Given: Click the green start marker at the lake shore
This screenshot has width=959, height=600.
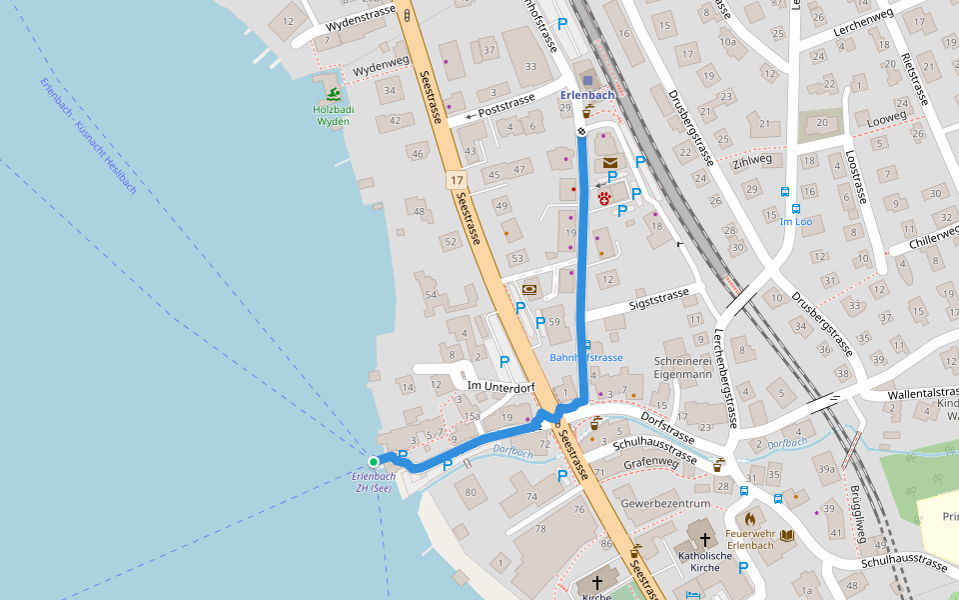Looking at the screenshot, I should (374, 461).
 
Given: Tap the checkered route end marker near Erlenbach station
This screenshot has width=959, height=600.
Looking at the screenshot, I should (581, 131).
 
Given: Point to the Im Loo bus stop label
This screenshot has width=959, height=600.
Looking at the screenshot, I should (796, 221).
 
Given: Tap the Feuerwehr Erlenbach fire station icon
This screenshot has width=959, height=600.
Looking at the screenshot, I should (749, 518).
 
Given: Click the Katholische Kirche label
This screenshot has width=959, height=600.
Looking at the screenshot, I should (705, 561).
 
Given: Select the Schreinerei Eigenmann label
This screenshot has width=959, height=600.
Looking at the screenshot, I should (683, 367).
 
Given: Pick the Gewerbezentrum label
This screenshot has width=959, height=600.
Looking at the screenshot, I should (665, 502).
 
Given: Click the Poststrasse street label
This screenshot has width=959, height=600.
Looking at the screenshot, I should (507, 106).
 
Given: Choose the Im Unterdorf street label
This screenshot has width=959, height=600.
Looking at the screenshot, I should (501, 386).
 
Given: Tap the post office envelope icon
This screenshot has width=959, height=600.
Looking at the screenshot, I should (609, 162).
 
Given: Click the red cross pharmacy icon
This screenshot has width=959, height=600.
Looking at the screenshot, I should (604, 198).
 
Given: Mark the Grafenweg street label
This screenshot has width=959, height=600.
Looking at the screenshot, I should (650, 463).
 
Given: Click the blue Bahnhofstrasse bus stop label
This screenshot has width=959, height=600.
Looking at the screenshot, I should (586, 357).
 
